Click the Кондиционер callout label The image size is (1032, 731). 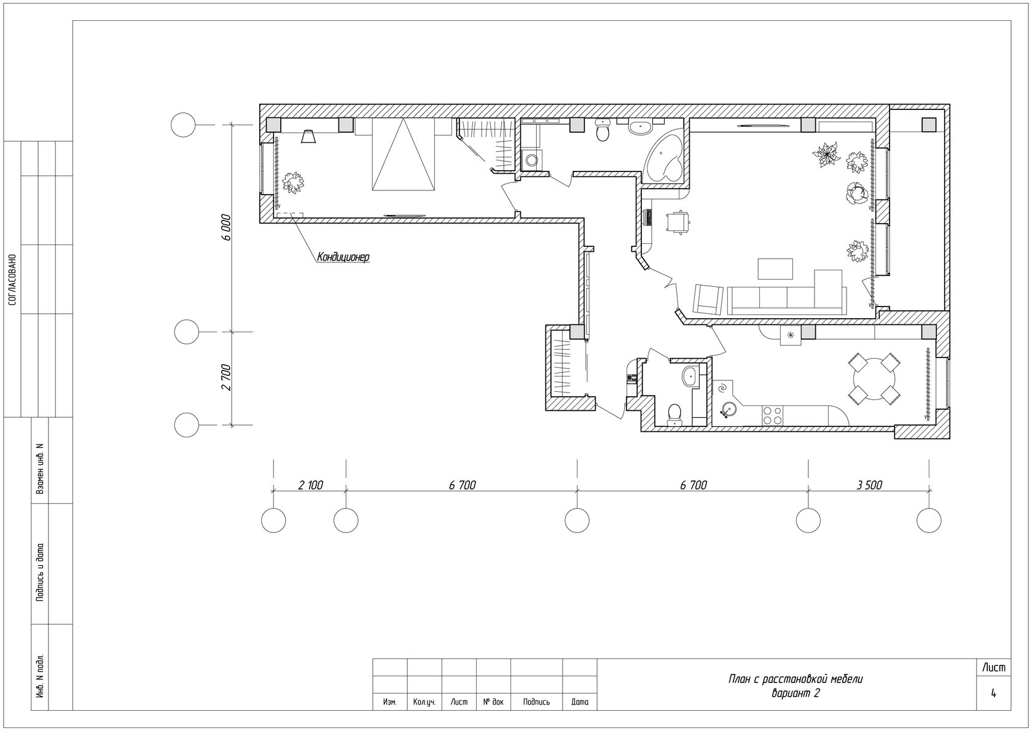(343, 257)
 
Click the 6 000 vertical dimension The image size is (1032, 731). (226, 227)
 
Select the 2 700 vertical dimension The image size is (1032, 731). (226, 377)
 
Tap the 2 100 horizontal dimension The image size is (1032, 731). (311, 485)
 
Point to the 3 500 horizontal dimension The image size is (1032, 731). (869, 485)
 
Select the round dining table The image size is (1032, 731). (874, 380)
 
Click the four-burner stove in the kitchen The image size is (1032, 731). (772, 415)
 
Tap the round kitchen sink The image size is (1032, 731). (729, 409)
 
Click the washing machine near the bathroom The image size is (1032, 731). (532, 160)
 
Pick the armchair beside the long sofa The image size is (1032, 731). (707, 299)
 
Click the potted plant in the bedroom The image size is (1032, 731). (292, 182)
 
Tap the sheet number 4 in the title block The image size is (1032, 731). (993, 693)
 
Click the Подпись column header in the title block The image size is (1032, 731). (536, 702)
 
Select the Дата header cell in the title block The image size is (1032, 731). (580, 702)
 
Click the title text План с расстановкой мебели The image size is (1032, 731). (795, 679)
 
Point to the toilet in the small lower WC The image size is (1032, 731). (675, 413)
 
